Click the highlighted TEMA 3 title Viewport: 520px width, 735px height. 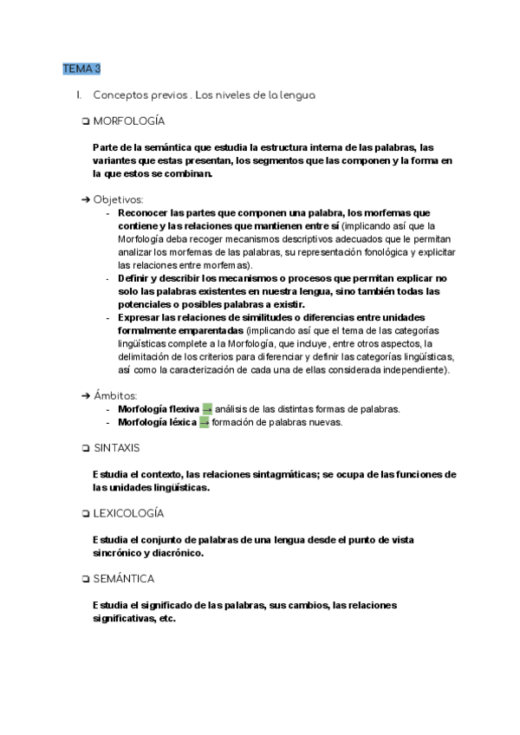81,68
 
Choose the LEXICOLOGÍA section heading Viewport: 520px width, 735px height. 128,513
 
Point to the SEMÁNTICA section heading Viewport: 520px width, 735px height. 124,578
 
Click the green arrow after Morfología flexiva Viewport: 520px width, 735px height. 206,409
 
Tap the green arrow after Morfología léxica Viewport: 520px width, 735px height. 204,422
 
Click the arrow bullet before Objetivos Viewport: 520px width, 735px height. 86,199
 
